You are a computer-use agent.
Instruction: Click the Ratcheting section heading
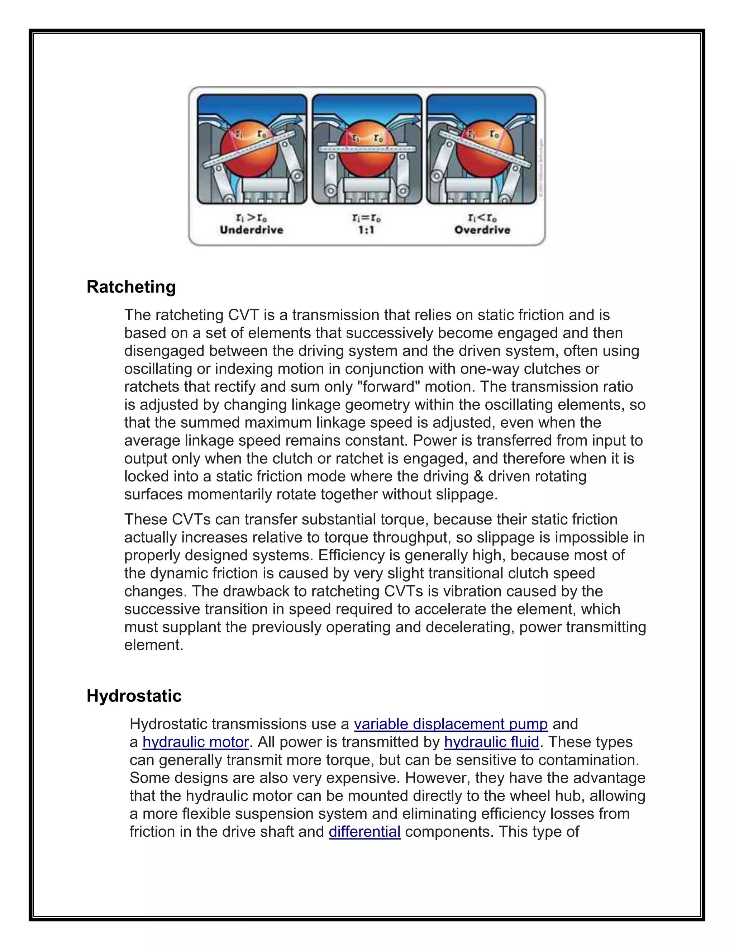tap(131, 287)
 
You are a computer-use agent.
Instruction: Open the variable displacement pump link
tap(451, 724)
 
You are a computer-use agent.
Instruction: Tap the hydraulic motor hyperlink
tap(195, 742)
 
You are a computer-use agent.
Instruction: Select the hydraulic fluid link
tap(491, 742)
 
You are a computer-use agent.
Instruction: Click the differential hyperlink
tap(364, 832)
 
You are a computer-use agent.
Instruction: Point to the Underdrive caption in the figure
tap(251, 230)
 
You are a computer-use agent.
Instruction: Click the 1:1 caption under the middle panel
tap(366, 230)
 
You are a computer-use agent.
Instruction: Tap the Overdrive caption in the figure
tap(482, 230)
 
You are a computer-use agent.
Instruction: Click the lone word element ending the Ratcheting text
tap(153, 645)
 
